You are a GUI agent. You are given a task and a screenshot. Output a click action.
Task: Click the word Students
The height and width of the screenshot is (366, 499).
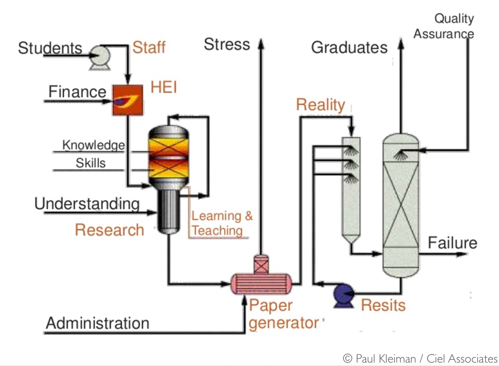(50, 48)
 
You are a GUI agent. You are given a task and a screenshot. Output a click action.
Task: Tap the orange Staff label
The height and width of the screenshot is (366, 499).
(149, 47)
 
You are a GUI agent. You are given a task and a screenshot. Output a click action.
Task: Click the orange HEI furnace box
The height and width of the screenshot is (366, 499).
(127, 100)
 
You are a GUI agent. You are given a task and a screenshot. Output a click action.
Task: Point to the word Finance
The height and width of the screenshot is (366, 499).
(77, 92)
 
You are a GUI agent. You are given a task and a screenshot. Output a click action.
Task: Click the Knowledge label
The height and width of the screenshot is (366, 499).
(93, 145)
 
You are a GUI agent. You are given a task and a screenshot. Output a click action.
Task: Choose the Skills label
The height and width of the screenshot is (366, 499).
(90, 163)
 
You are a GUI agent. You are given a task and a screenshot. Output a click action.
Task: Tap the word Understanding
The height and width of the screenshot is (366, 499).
(87, 204)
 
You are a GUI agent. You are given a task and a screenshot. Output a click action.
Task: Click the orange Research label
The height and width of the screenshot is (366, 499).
(109, 230)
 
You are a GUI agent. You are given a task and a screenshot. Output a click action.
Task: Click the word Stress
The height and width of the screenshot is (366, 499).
(227, 44)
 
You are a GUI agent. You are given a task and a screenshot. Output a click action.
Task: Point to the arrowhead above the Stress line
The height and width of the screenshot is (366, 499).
(259, 41)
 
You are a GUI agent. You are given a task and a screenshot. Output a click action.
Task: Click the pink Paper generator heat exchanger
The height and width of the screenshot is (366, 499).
(261, 283)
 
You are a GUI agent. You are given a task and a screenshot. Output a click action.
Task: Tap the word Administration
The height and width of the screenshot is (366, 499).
(97, 323)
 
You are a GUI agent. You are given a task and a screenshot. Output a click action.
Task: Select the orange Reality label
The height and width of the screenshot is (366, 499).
(320, 105)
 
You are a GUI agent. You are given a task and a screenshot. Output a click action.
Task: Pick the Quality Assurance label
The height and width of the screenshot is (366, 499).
(444, 26)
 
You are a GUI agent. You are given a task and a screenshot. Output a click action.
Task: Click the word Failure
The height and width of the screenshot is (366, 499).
(452, 243)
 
